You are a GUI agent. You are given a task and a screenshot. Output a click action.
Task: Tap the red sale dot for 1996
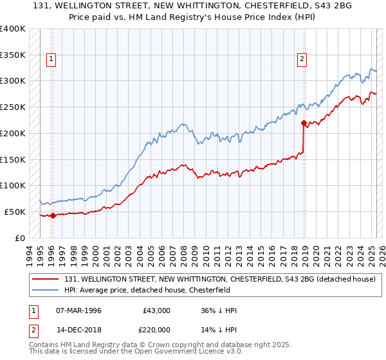(53, 215)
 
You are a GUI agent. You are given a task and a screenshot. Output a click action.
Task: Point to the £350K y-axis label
(13, 55)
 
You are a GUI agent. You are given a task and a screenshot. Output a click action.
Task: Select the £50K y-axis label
(15, 212)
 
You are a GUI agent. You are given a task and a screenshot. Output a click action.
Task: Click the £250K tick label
(13, 107)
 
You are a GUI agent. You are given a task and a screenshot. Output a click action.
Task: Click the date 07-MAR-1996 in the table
(78, 310)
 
